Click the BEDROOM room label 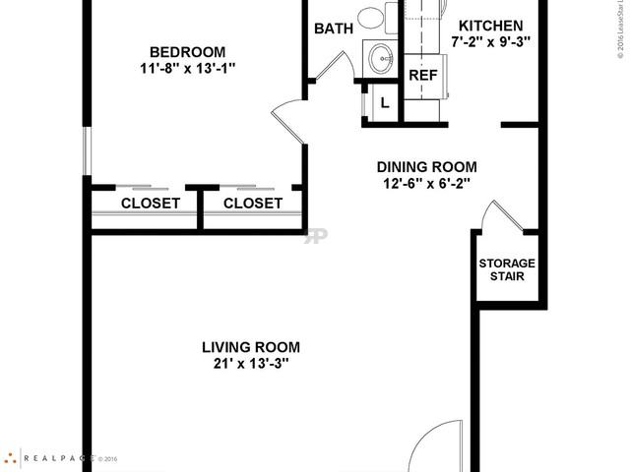click(x=187, y=52)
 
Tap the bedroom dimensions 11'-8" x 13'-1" click(x=187, y=69)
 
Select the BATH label click(x=333, y=29)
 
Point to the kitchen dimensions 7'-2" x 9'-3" click(x=491, y=42)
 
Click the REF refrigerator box click(x=423, y=76)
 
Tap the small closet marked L click(x=384, y=102)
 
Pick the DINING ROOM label click(x=427, y=166)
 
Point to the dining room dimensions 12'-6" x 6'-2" click(x=427, y=183)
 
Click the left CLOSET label click(x=150, y=204)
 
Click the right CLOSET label click(x=252, y=204)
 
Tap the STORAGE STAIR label click(x=507, y=269)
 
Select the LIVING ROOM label click(x=250, y=347)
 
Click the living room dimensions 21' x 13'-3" click(x=250, y=364)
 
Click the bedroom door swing click(x=289, y=122)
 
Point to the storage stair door click(x=497, y=216)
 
